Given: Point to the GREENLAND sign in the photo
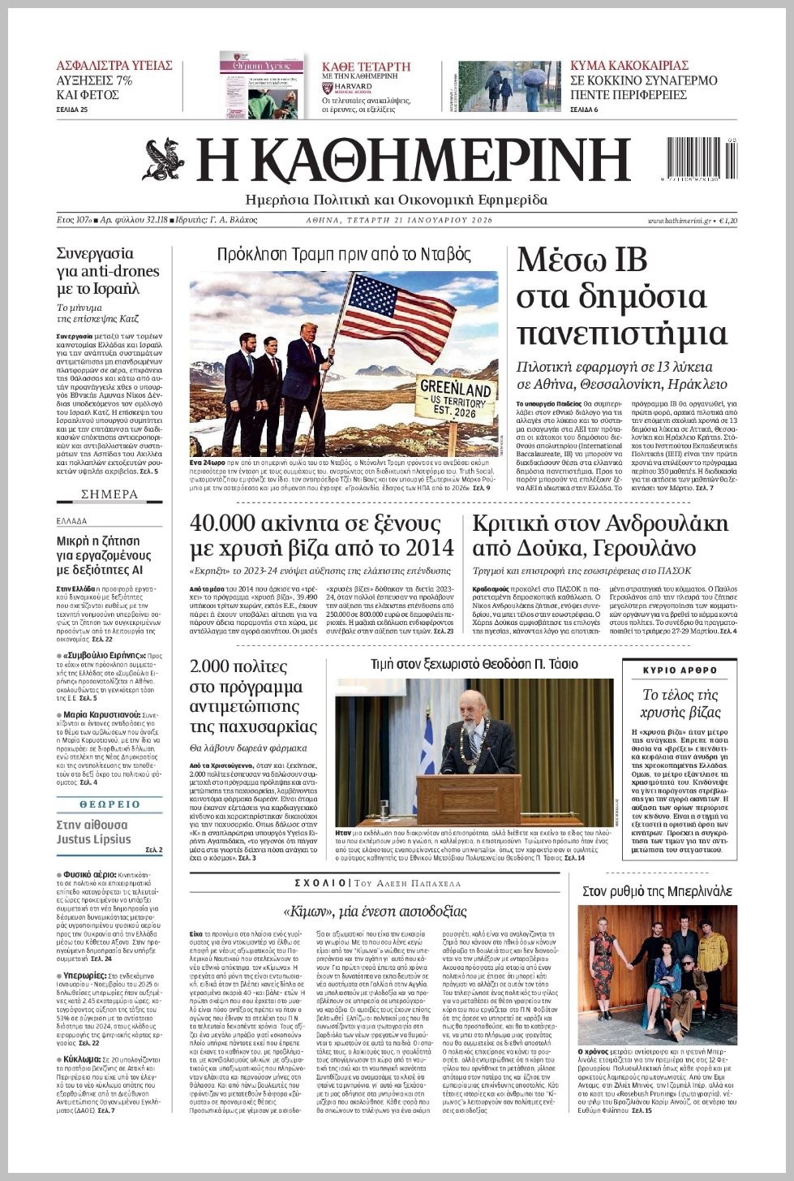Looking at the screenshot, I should pyautogui.click(x=456, y=399).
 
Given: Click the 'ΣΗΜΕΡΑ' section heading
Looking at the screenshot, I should pyautogui.click(x=109, y=494).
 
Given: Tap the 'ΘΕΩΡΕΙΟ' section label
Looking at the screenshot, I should pyautogui.click(x=109, y=804).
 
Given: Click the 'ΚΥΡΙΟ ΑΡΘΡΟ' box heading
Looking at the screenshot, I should pyautogui.click(x=680, y=670).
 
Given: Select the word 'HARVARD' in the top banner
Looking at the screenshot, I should pyautogui.click(x=353, y=86).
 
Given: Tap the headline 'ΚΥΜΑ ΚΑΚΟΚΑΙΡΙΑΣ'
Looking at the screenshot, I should pyautogui.click(x=629, y=66).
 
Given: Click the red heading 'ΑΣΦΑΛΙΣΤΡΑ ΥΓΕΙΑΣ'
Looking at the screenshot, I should pyautogui.click(x=114, y=66).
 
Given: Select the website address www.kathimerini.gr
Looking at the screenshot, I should pyautogui.click(x=680, y=221).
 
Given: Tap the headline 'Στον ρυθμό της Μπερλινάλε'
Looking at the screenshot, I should pyautogui.click(x=657, y=891).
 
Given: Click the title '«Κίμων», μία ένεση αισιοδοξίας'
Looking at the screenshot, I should pyautogui.click(x=375, y=911).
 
